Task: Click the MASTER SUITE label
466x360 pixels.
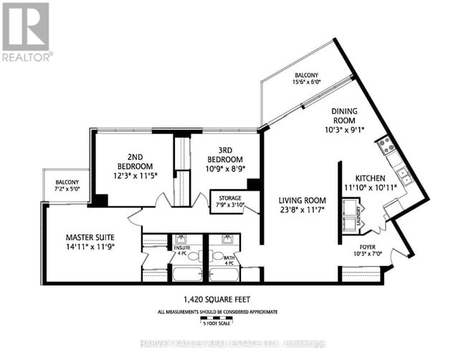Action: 90,237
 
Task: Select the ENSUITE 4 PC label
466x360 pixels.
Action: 181,251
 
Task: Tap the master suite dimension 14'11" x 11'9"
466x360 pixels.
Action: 90,247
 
